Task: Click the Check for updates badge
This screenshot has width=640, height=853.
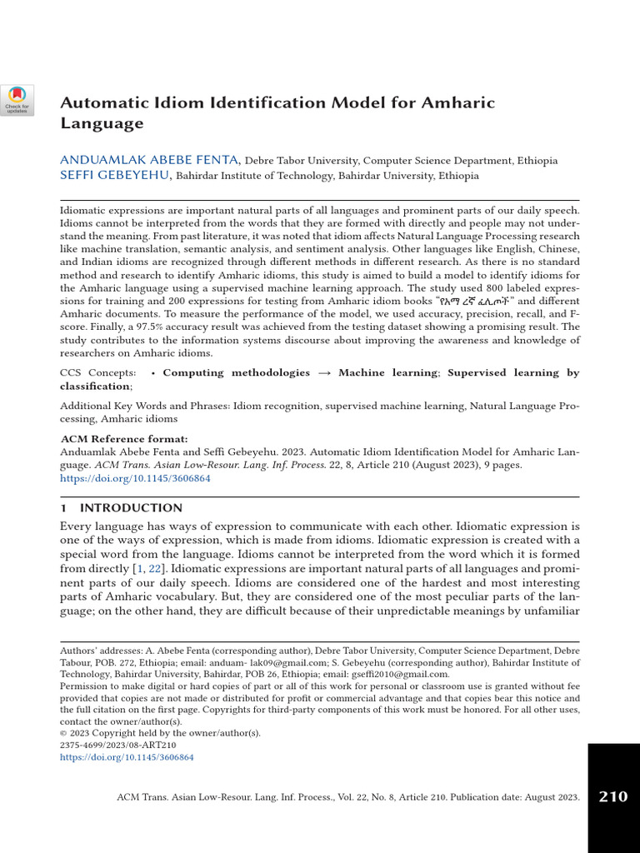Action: click(17, 99)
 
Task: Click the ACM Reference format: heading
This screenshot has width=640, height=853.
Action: click(124, 439)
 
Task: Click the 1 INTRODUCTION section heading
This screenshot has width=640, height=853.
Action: click(122, 507)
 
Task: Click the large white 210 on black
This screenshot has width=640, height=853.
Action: click(612, 797)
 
